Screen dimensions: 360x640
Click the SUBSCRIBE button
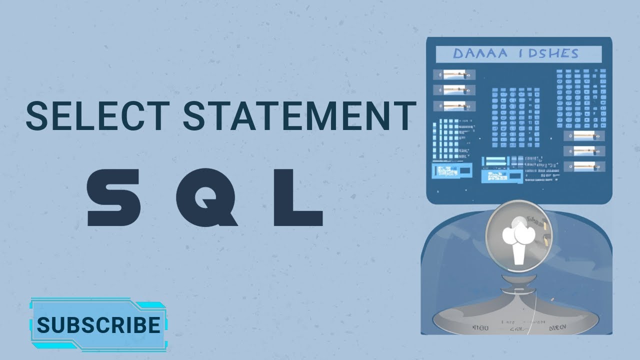coord(98,325)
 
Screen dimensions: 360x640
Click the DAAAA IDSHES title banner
coord(518,53)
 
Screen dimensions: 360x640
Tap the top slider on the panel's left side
coord(454,74)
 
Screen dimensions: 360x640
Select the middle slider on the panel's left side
coord(454,90)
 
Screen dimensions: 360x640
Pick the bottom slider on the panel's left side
coord(454,106)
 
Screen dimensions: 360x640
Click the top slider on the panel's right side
coord(584,135)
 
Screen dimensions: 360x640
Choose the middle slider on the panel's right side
coord(584,150)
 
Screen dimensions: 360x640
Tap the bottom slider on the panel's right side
coord(584,166)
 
